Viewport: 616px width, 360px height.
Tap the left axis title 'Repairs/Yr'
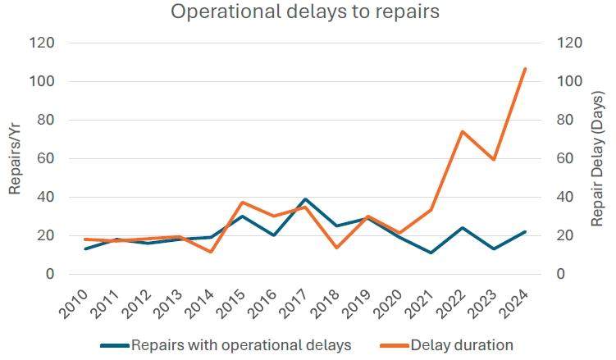point(16,158)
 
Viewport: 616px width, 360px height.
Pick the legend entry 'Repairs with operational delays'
point(241,345)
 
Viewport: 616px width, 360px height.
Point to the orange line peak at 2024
point(525,69)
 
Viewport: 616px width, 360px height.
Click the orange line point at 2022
point(463,131)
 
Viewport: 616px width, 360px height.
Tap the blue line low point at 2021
point(431,253)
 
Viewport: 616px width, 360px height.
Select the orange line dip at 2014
point(211,251)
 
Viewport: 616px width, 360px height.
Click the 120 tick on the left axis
point(43,43)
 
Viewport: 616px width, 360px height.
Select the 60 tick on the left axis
point(47,158)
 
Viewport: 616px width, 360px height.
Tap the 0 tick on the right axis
point(561,274)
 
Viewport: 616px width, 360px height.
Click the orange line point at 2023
point(494,159)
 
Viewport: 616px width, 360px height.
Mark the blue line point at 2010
point(85,248)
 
